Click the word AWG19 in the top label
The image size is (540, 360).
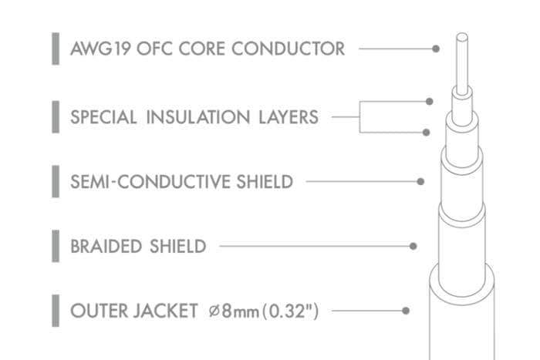tap(100, 49)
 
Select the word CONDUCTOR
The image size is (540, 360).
tap(288, 49)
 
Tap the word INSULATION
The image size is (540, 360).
tap(198, 117)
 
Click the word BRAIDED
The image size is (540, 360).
tap(106, 247)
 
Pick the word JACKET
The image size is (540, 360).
tap(165, 311)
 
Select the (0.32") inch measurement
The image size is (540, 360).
tap(290, 311)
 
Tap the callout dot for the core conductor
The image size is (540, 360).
tap(436, 49)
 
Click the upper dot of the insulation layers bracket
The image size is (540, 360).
tap(429, 102)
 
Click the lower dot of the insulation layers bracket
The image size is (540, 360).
tap(426, 133)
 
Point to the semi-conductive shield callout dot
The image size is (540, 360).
tap(420, 182)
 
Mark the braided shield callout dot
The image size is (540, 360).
tap(413, 246)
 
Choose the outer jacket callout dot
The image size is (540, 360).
tap(406, 311)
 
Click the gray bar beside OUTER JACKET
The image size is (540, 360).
tap(56, 311)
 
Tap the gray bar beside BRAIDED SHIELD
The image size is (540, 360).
tap(56, 246)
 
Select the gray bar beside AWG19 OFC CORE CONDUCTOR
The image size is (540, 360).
tap(56, 49)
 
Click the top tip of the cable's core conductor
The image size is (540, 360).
tap(462, 33)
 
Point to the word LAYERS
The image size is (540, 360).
tap(289, 117)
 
